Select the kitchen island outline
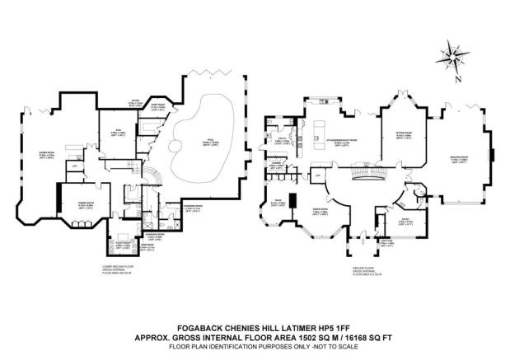[322, 129]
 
